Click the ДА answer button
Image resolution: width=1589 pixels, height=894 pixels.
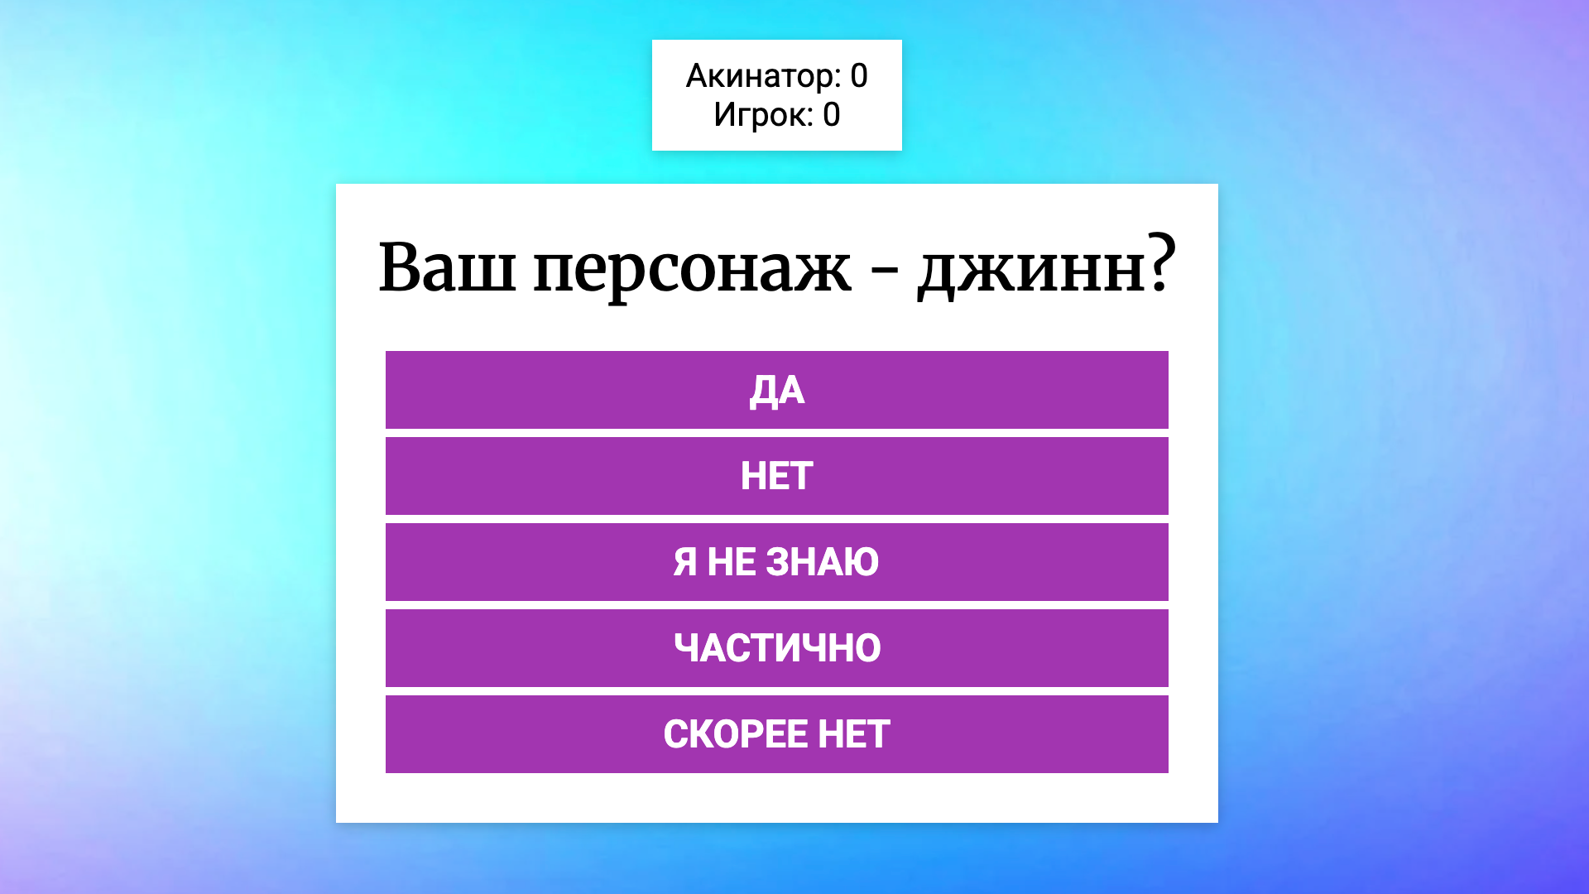pos(776,390)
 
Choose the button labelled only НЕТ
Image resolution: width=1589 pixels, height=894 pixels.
pos(776,476)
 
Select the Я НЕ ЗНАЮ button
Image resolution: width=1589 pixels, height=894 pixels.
pos(776,562)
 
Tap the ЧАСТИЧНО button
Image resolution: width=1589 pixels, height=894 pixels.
pos(776,648)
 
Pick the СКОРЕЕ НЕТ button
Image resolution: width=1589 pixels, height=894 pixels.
pos(776,734)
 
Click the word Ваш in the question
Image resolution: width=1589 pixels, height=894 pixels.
pos(446,268)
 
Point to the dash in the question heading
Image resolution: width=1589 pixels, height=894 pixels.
pos(884,272)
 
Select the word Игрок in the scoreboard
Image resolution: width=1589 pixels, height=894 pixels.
pos(761,115)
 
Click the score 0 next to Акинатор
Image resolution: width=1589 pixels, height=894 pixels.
pos(859,76)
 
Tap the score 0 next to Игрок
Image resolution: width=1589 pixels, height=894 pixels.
pos(831,115)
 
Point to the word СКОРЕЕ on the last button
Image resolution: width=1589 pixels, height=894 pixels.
pos(735,734)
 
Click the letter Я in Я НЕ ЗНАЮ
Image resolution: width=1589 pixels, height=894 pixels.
pos(684,562)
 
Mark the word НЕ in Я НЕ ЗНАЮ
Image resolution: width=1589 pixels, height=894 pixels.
pos(731,562)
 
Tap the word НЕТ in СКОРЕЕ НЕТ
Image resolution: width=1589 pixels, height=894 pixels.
pos(853,734)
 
